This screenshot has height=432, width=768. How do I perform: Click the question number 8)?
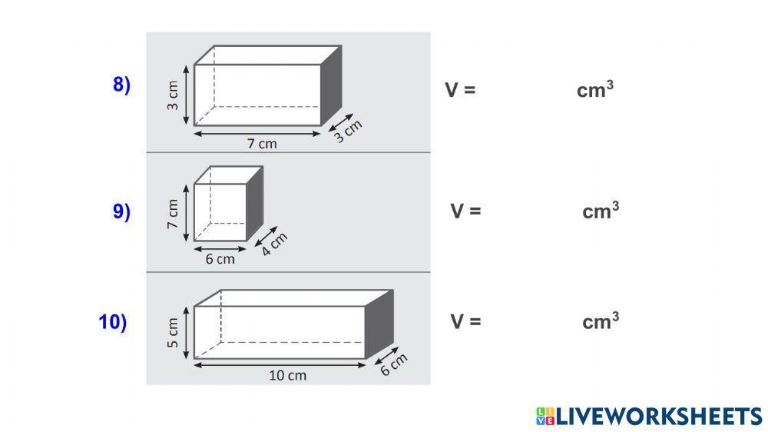click(x=121, y=85)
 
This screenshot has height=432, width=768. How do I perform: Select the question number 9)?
click(x=121, y=211)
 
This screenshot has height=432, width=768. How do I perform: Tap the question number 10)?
click(x=113, y=322)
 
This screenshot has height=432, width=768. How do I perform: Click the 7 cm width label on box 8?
click(x=262, y=144)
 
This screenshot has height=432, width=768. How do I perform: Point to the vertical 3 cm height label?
click(x=172, y=95)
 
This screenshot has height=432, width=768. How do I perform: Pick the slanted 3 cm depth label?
click(x=348, y=131)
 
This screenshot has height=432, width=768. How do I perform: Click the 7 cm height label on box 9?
click(x=172, y=214)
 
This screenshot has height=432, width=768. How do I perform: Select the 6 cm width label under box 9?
click(x=220, y=259)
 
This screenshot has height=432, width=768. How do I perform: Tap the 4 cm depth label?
click(x=274, y=244)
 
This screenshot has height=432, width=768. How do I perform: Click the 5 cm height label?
click(x=172, y=333)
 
